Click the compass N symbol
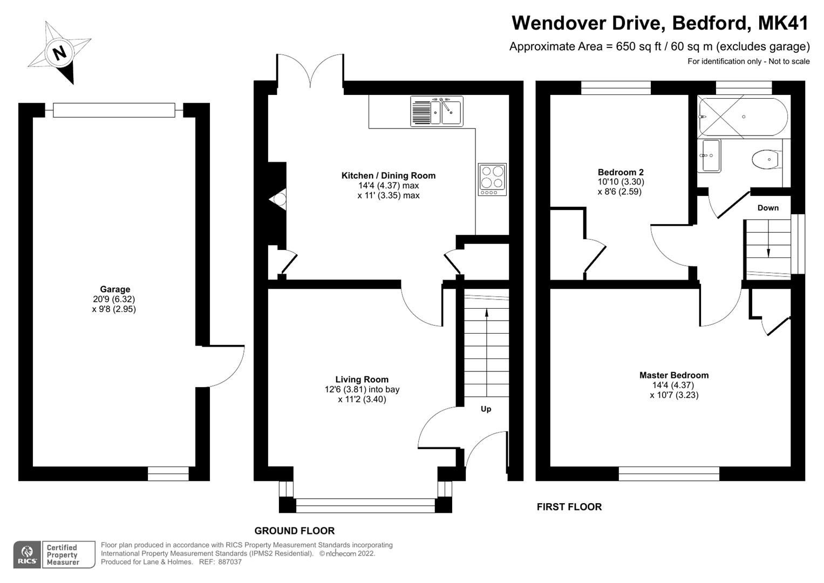[59, 52]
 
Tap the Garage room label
[115, 289]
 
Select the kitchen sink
[437, 111]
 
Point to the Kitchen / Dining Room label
[388, 175]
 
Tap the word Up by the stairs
[486, 409]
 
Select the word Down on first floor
[768, 208]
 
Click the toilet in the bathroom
[765, 159]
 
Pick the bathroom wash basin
[709, 155]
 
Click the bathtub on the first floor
[743, 117]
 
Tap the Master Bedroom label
[673, 375]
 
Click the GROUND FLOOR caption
[294, 531]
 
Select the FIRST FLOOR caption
[569, 507]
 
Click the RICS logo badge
[26, 554]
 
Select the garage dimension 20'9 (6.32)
[114, 299]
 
